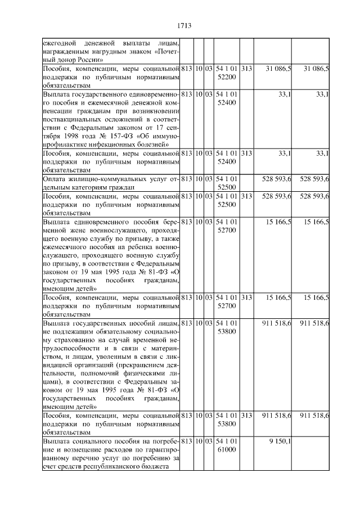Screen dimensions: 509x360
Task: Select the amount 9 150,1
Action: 280,442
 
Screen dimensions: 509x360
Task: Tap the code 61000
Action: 226,450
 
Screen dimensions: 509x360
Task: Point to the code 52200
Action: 226,76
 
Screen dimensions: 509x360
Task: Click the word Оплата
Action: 54,179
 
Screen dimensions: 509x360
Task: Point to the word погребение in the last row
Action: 160,442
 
